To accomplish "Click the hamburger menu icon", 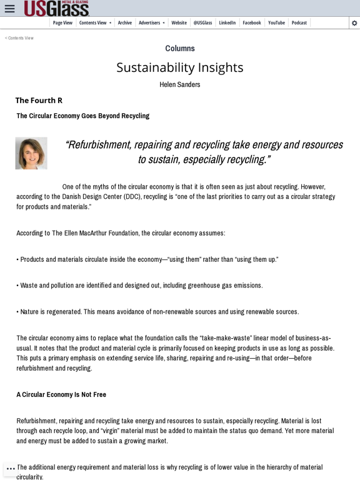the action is pos(9,9).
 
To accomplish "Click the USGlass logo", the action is pos(56,8).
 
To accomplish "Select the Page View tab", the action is pos(62,22).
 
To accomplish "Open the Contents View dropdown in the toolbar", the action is pos(95,22).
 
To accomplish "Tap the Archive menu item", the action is pos(125,22).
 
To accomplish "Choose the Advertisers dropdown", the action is pos(151,22).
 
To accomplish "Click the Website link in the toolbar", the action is pos(179,22).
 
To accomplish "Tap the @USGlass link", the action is pos(202,22).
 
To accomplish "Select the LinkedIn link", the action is pos(227,22).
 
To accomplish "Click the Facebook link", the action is pos(252,22).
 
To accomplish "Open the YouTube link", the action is pos(276,22).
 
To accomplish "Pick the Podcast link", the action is pos(299,22).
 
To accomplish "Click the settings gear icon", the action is pos(354,23).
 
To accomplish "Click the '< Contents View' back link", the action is pos(19,38).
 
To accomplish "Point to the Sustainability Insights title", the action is pos(180,67).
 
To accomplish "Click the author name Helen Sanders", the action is pos(180,84).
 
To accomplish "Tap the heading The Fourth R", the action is pos(39,100).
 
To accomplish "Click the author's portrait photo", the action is pos(31,153).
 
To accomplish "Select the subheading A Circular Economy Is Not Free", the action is pos(61,394).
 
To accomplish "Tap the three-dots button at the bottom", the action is pos(11,469).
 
